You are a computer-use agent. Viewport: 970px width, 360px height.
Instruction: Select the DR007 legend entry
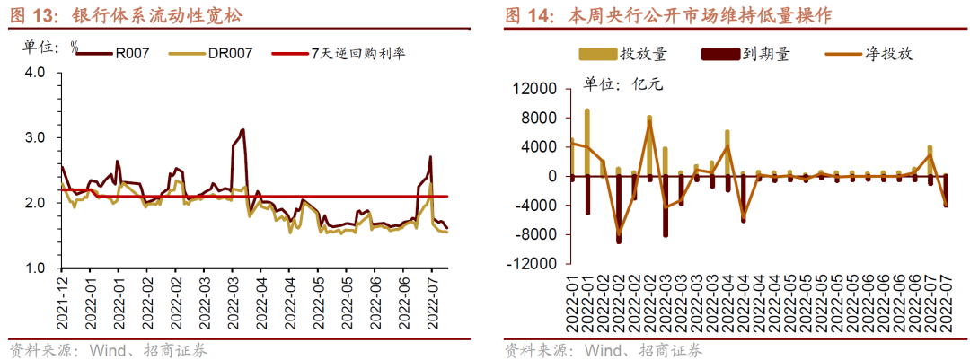pos(229,54)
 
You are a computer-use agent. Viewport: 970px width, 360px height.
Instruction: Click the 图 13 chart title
pos(127,15)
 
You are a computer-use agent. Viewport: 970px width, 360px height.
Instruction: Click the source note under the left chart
pos(109,350)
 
